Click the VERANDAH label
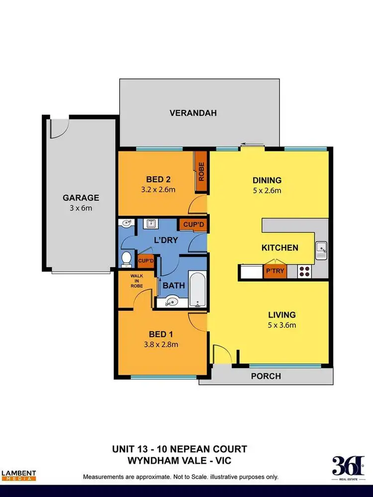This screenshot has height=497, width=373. (x=193, y=113)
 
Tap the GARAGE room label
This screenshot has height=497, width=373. (x=81, y=197)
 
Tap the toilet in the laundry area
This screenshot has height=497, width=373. (x=127, y=259)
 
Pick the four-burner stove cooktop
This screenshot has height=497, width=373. (x=304, y=272)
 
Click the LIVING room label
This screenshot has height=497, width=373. (x=282, y=315)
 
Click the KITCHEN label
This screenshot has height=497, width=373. (x=280, y=248)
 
